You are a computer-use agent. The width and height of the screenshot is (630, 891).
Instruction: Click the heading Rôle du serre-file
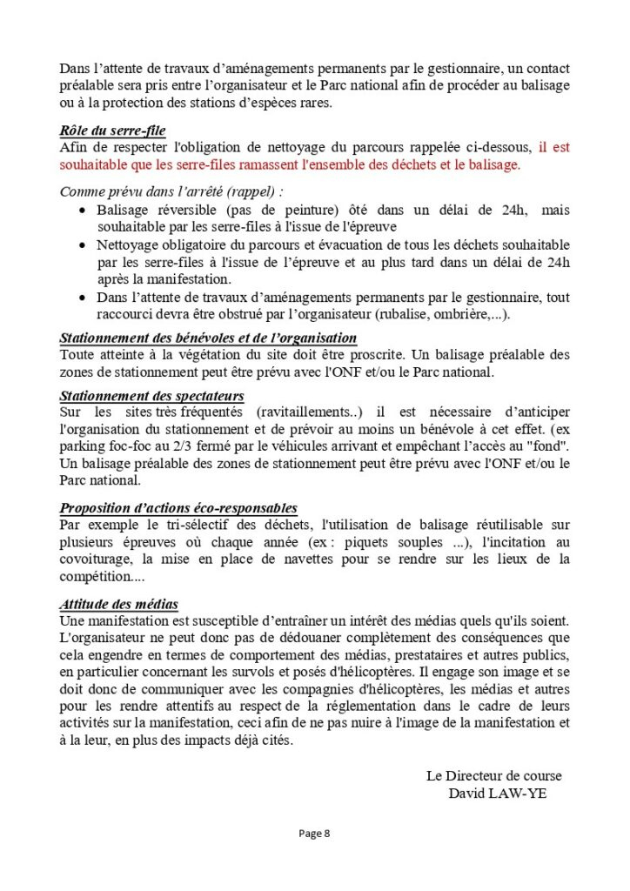pyautogui.click(x=112, y=131)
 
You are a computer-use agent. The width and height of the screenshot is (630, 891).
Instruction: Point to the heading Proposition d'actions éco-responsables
pyautogui.click(x=178, y=507)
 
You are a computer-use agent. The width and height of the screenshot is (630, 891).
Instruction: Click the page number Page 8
pyautogui.click(x=314, y=833)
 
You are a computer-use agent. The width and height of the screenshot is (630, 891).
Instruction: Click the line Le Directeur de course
pyautogui.click(x=493, y=774)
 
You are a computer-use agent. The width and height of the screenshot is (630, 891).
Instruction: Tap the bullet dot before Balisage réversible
pyautogui.click(x=82, y=211)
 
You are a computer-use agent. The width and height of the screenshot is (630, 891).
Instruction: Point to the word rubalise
pyautogui.click(x=405, y=314)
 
